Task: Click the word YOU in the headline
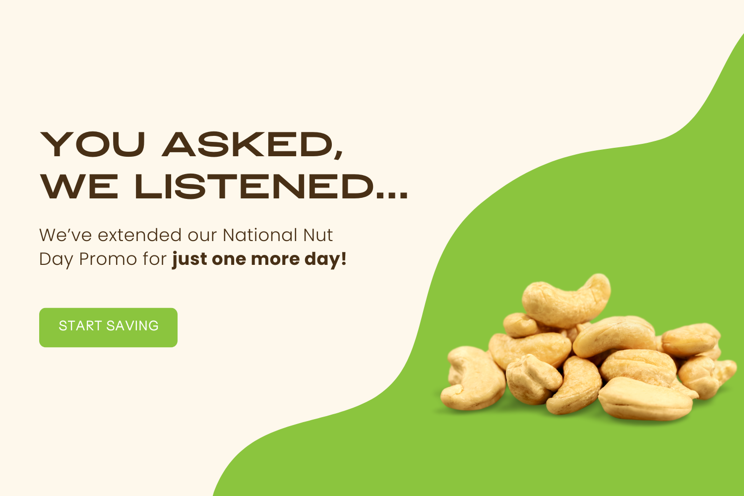[x=93, y=144]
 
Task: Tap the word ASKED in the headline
[x=248, y=144]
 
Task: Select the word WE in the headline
[x=79, y=186]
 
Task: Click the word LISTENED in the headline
[x=254, y=186]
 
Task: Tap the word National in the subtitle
[x=260, y=235]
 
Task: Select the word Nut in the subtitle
[x=318, y=235]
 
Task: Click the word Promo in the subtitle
[x=108, y=259]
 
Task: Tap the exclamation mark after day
[x=343, y=259]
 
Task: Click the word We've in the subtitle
[x=65, y=235]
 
